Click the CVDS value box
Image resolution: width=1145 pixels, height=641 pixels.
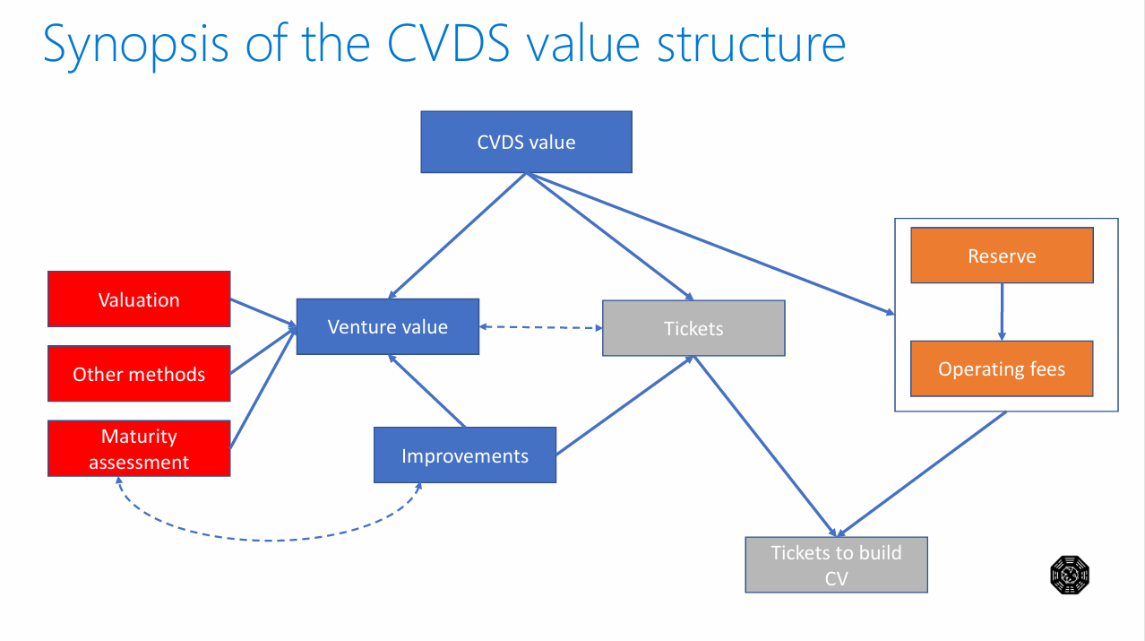click(526, 142)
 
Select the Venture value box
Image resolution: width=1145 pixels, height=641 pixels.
click(387, 326)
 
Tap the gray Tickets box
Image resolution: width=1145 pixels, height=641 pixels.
click(693, 328)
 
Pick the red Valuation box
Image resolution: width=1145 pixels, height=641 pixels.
click(139, 299)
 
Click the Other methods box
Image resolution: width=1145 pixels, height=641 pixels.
click(139, 374)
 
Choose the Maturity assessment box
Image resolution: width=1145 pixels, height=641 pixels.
click(139, 448)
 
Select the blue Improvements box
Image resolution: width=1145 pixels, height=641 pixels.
click(465, 455)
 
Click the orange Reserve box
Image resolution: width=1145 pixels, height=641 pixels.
click(1002, 256)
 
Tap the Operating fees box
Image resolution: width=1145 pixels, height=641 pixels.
click(1002, 368)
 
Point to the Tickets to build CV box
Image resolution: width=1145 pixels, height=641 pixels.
click(836, 565)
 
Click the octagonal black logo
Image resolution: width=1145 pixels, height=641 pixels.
click(1070, 575)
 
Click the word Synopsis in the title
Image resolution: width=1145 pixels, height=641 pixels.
click(135, 46)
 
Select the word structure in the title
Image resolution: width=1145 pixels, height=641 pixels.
click(751, 45)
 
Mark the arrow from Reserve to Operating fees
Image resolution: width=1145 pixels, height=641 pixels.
click(1002, 312)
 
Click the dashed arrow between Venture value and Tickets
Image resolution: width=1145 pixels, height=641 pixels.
click(541, 327)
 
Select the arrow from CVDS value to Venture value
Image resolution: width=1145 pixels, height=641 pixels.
click(457, 236)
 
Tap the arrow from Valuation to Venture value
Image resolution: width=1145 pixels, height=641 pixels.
click(263, 313)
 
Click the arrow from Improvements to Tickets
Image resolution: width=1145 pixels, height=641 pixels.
click(624, 405)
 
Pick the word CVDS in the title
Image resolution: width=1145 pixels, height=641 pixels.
click(448, 44)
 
